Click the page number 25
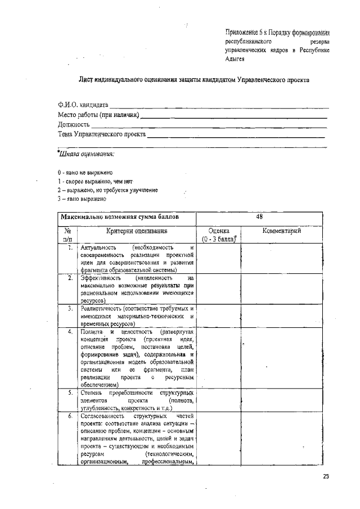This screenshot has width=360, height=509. point(326,476)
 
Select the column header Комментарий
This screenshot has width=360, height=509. point(282,231)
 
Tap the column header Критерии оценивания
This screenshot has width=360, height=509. point(137,231)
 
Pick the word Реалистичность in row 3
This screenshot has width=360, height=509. point(105,308)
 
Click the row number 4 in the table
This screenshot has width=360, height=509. point(70,332)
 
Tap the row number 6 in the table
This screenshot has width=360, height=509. point(70,416)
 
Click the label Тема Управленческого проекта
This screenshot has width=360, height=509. point(101,134)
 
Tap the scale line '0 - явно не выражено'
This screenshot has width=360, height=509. point(85,172)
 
